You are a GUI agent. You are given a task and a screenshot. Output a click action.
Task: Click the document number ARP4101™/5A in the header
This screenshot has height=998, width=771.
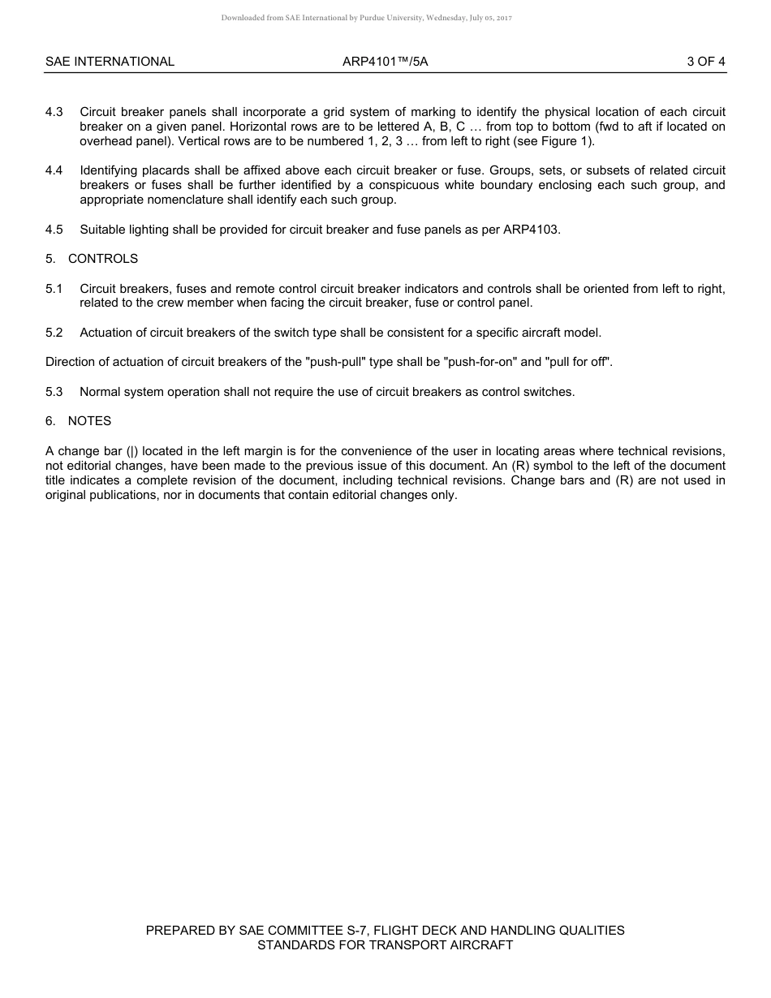tap(385, 61)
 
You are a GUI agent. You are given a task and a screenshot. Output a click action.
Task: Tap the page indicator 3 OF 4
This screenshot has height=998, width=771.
tap(705, 61)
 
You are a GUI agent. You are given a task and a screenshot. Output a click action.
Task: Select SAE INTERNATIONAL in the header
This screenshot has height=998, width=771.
tap(110, 61)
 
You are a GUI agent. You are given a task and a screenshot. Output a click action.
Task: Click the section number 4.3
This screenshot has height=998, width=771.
tap(54, 112)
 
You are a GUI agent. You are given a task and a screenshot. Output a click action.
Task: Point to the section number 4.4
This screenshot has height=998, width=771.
tap(54, 170)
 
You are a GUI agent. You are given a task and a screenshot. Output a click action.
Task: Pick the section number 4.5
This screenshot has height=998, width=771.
tap(54, 230)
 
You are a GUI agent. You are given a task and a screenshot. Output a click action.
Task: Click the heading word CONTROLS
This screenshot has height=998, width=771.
tap(103, 259)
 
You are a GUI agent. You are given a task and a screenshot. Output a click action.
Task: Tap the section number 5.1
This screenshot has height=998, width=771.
tap(54, 289)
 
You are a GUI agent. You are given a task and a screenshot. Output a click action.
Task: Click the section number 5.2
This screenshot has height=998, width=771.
tap(54, 333)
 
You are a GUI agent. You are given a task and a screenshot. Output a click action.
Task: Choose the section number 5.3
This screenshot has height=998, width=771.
tap(54, 392)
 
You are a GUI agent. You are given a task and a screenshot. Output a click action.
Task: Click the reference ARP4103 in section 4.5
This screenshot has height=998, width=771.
tap(532, 230)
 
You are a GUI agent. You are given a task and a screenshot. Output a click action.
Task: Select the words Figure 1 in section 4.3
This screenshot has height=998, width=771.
tap(566, 141)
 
